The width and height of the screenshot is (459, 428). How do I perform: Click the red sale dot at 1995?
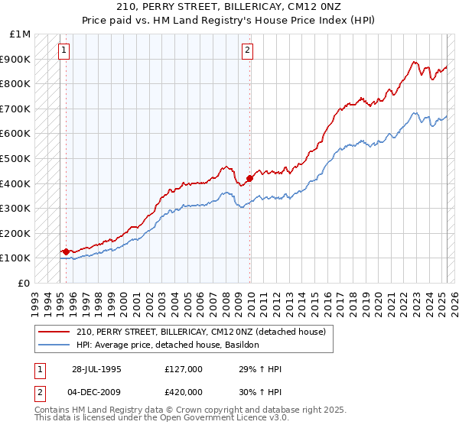tap(67, 251)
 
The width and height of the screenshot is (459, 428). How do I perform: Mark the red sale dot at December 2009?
tap(249, 178)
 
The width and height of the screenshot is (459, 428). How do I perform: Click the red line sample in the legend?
tap(54, 332)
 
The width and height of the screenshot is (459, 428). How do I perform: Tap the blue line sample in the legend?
tap(54, 345)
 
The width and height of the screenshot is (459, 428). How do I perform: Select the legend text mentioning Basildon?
tap(168, 345)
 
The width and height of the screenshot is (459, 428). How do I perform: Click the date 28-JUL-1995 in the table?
tap(97, 368)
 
